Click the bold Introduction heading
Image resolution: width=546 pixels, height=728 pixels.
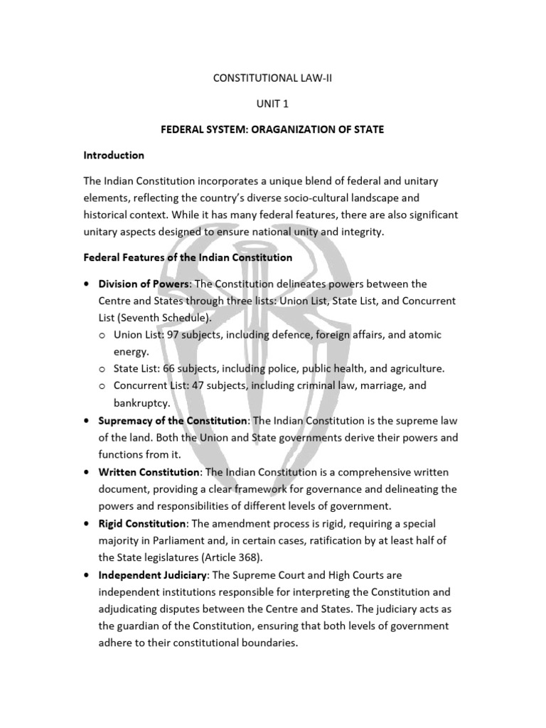pyautogui.click(x=114, y=155)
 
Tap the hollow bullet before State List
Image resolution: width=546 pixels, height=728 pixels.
pyautogui.click(x=103, y=368)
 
